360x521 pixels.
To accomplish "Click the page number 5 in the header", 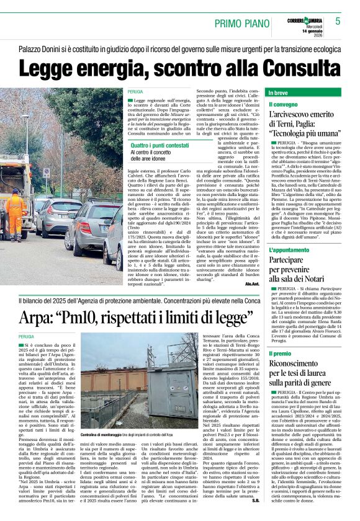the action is click(338, 20).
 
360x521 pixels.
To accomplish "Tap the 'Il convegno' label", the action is click(284, 105).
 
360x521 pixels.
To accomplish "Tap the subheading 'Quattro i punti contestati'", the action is click(158, 145).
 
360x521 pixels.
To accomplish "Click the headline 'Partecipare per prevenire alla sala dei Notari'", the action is click(297, 267).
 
